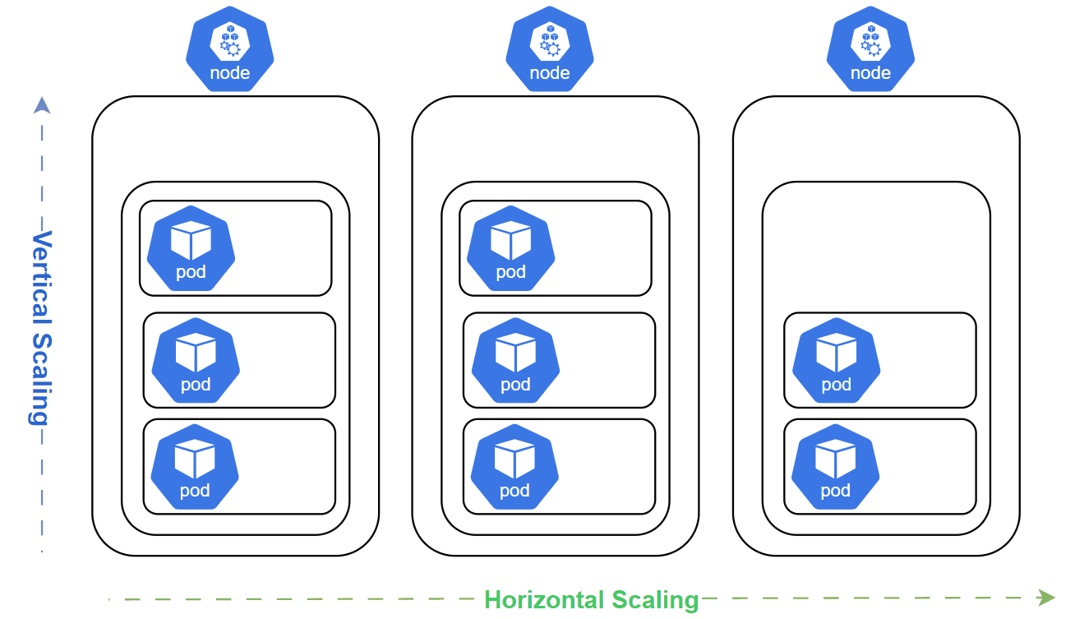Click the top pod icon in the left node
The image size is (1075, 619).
191,248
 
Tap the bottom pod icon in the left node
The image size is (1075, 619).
195,466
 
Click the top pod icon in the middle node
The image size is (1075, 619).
510,248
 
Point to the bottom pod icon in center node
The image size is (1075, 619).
514,466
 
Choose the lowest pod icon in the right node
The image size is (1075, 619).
835,466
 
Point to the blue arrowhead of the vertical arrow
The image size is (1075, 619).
42,104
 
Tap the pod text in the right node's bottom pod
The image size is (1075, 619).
835,491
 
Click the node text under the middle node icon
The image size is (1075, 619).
550,73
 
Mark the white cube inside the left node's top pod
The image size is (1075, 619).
191,241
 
